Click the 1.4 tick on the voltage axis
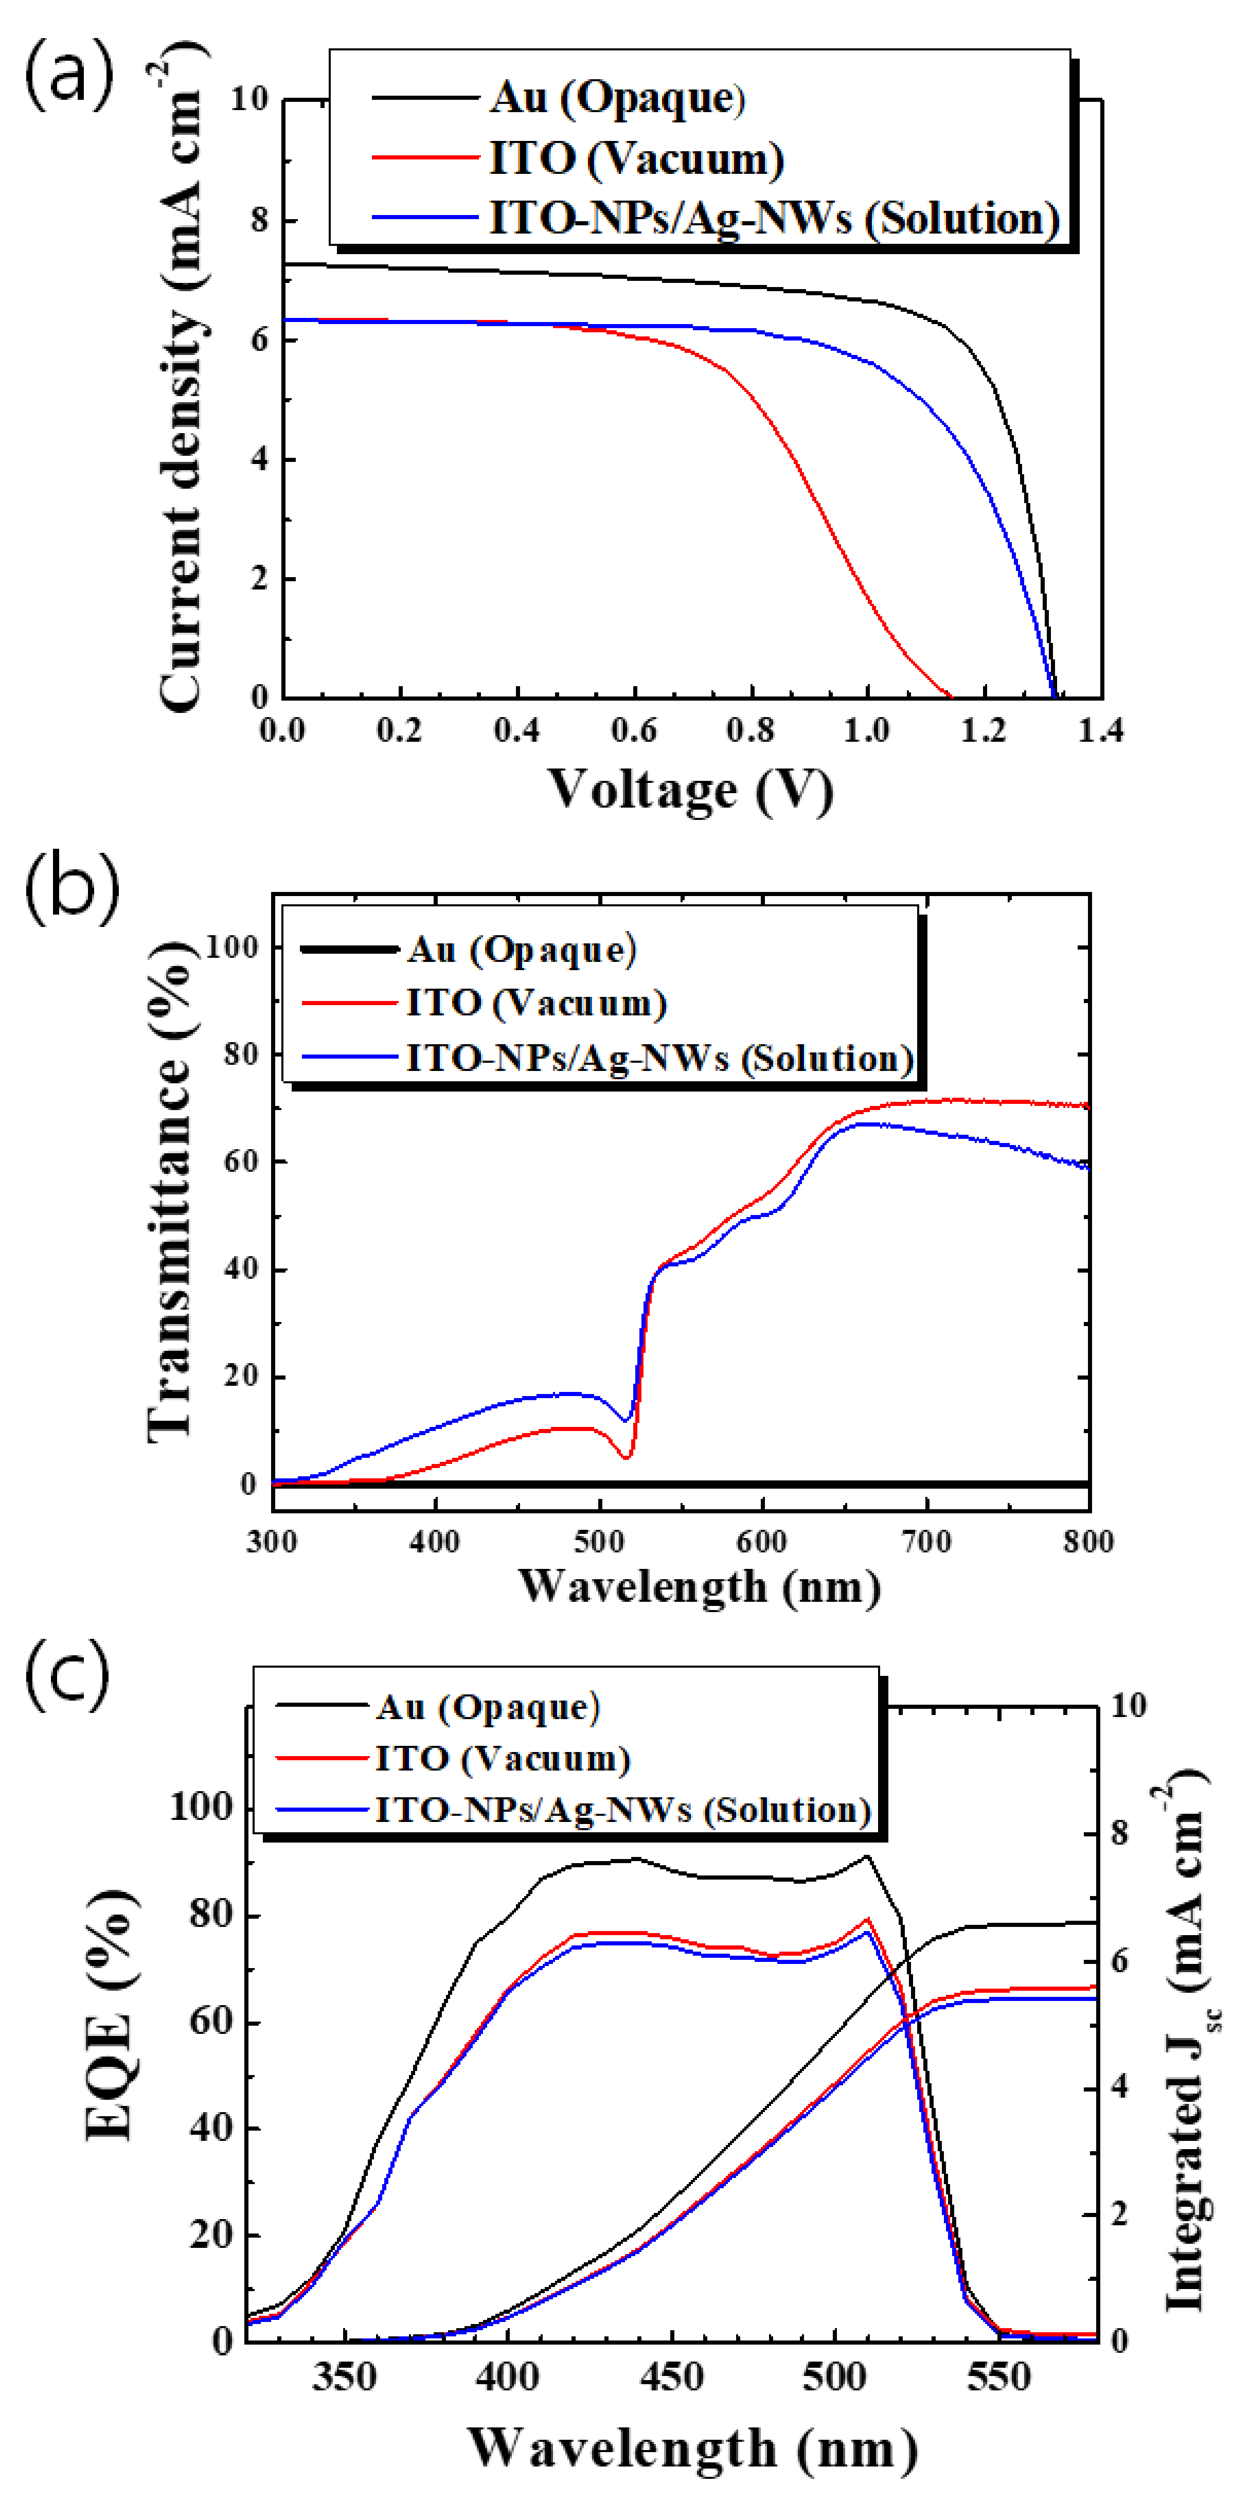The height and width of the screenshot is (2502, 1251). [1100, 729]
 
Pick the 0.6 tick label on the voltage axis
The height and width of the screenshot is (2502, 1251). [634, 729]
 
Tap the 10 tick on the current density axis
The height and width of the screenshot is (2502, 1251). [248, 99]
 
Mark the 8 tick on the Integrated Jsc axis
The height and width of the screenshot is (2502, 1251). [1120, 1833]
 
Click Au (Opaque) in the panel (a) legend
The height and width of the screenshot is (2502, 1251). [617, 98]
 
